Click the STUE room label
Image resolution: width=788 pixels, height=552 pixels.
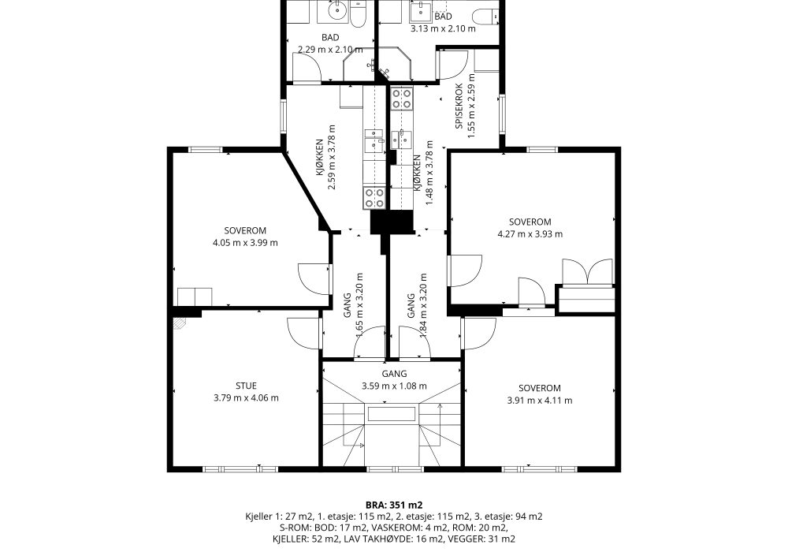(246, 386)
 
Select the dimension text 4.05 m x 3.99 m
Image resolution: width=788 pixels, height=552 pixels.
(245, 243)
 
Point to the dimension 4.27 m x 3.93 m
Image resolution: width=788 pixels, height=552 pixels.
(530, 233)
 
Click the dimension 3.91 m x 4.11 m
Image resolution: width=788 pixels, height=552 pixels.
(540, 400)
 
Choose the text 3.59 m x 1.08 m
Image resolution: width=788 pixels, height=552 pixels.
(394, 386)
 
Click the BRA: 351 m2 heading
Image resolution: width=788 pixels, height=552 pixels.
(394, 505)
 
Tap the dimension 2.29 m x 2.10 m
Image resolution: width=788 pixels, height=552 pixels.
(330, 49)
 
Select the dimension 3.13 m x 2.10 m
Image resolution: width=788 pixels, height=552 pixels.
(443, 28)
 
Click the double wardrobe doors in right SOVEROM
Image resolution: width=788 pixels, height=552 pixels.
(588, 272)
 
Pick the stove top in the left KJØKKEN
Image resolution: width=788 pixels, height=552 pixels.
(374, 198)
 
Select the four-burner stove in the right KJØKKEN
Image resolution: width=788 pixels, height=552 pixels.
(402, 99)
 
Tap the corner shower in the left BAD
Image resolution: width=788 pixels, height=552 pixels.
(359, 65)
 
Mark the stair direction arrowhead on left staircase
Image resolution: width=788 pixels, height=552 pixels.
(360, 446)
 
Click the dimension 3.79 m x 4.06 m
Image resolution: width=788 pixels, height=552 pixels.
(246, 397)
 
